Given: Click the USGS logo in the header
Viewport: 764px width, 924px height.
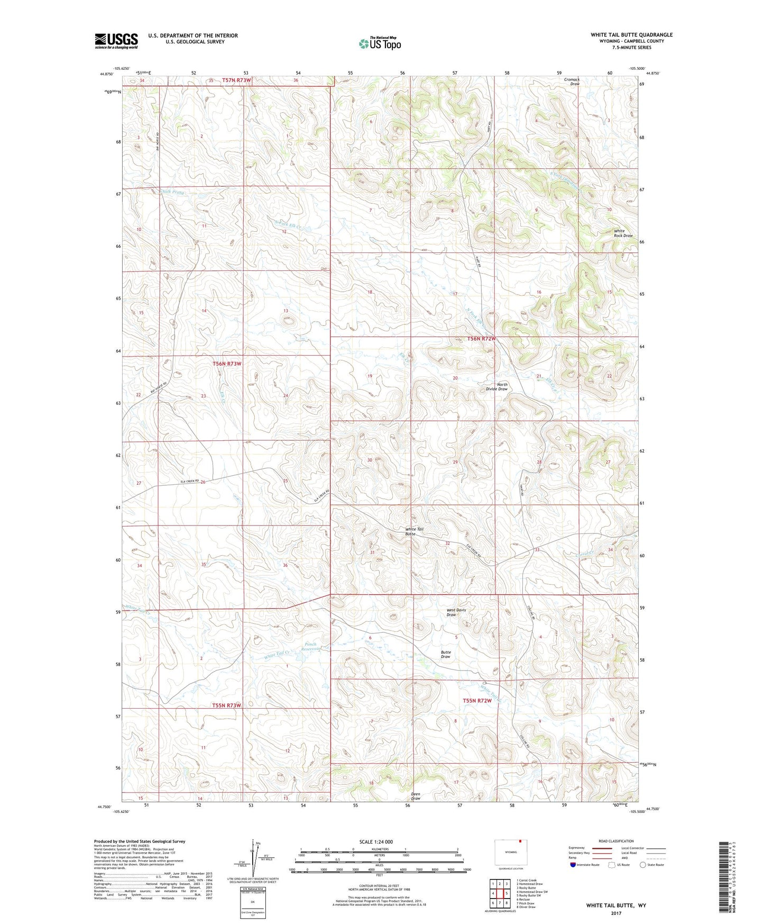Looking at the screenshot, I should [116, 41].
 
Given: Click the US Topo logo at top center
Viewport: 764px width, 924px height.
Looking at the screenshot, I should [379, 43].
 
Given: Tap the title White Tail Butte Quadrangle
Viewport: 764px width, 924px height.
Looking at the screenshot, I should [631, 35].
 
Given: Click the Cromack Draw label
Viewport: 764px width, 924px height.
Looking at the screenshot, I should [572, 81].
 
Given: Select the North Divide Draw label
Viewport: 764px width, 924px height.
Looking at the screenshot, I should [496, 387].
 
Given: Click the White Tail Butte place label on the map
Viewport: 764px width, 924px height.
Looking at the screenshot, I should [414, 531].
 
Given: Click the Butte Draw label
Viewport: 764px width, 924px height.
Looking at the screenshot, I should [446, 655].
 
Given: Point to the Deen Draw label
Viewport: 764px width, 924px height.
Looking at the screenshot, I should [416, 796].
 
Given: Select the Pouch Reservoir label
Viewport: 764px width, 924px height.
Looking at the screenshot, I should [311, 646].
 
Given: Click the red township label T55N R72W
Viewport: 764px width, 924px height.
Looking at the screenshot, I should [477, 701].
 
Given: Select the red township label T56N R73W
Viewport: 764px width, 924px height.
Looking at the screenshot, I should [227, 364].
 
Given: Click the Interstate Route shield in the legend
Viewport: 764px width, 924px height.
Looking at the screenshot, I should [574, 865].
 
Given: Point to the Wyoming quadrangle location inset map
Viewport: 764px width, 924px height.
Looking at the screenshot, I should [510, 853].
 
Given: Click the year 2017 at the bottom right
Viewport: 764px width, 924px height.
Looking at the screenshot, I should [616, 913].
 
